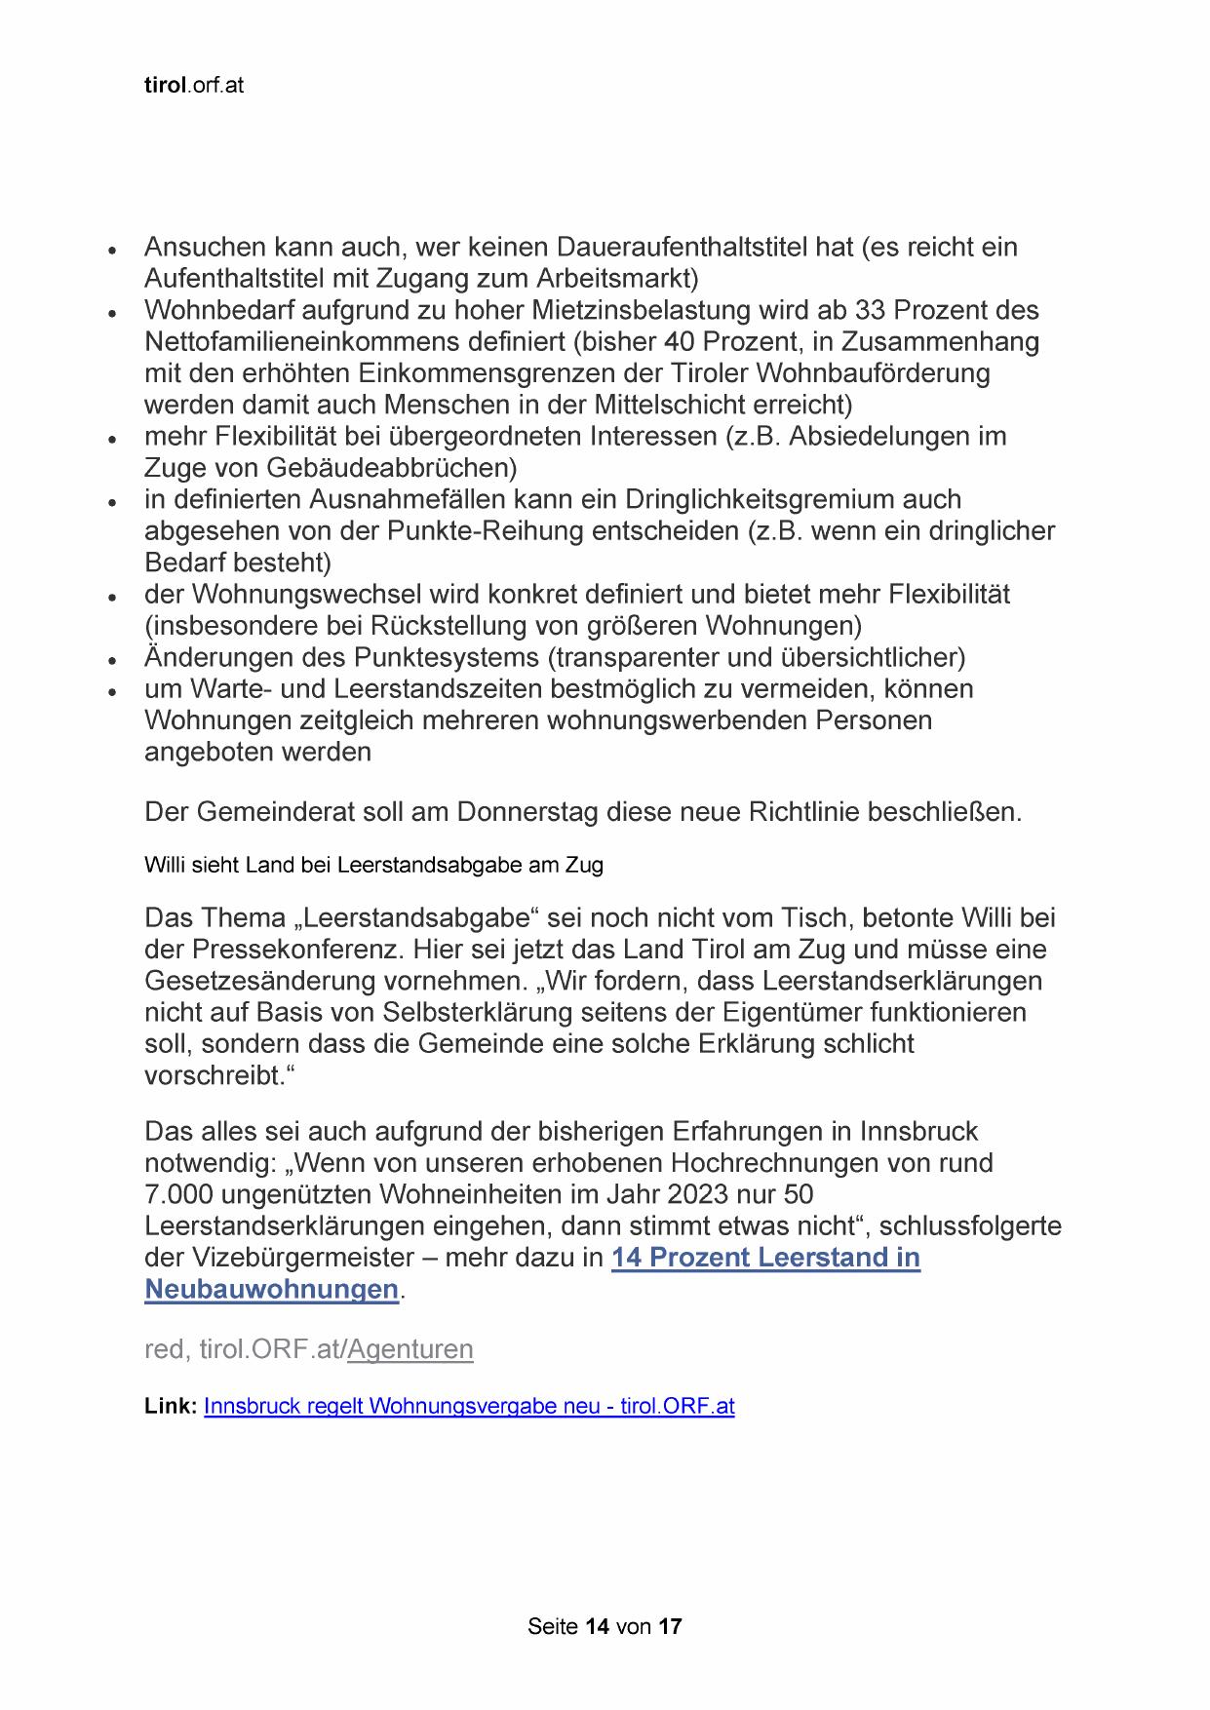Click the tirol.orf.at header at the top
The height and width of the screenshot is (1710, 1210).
click(193, 86)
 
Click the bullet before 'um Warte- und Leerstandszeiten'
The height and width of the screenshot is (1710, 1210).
click(113, 691)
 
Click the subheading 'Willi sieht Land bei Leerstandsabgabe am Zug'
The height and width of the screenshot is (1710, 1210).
click(373, 865)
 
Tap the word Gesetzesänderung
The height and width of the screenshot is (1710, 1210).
click(265, 981)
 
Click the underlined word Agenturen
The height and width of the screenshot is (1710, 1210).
click(410, 1349)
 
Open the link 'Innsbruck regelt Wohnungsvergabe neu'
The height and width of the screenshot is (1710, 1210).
click(468, 1407)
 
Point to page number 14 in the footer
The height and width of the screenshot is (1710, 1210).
click(597, 1627)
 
